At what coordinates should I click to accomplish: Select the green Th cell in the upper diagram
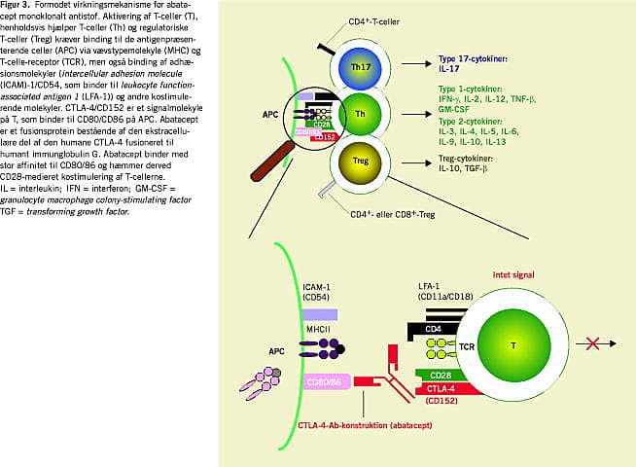coord(360,115)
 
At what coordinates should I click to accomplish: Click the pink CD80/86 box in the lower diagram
coord(326,381)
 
